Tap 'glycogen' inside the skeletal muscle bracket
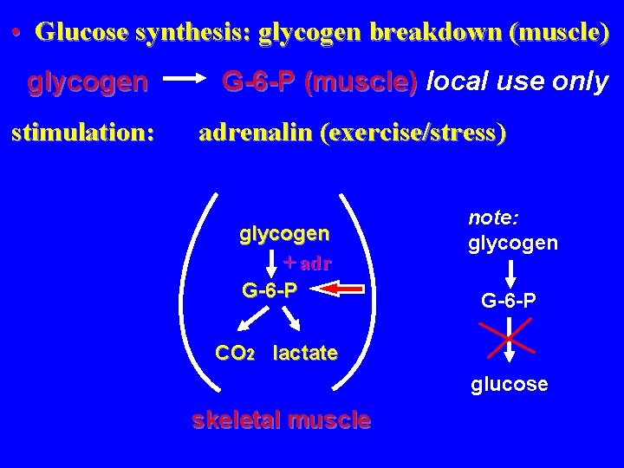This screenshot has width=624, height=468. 284,233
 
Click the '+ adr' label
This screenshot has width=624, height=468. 309,262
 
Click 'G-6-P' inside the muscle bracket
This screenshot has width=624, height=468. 270,289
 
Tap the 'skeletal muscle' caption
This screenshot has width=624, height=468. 281,421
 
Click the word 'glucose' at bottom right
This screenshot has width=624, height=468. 510,383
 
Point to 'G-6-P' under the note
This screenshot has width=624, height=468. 510,300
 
